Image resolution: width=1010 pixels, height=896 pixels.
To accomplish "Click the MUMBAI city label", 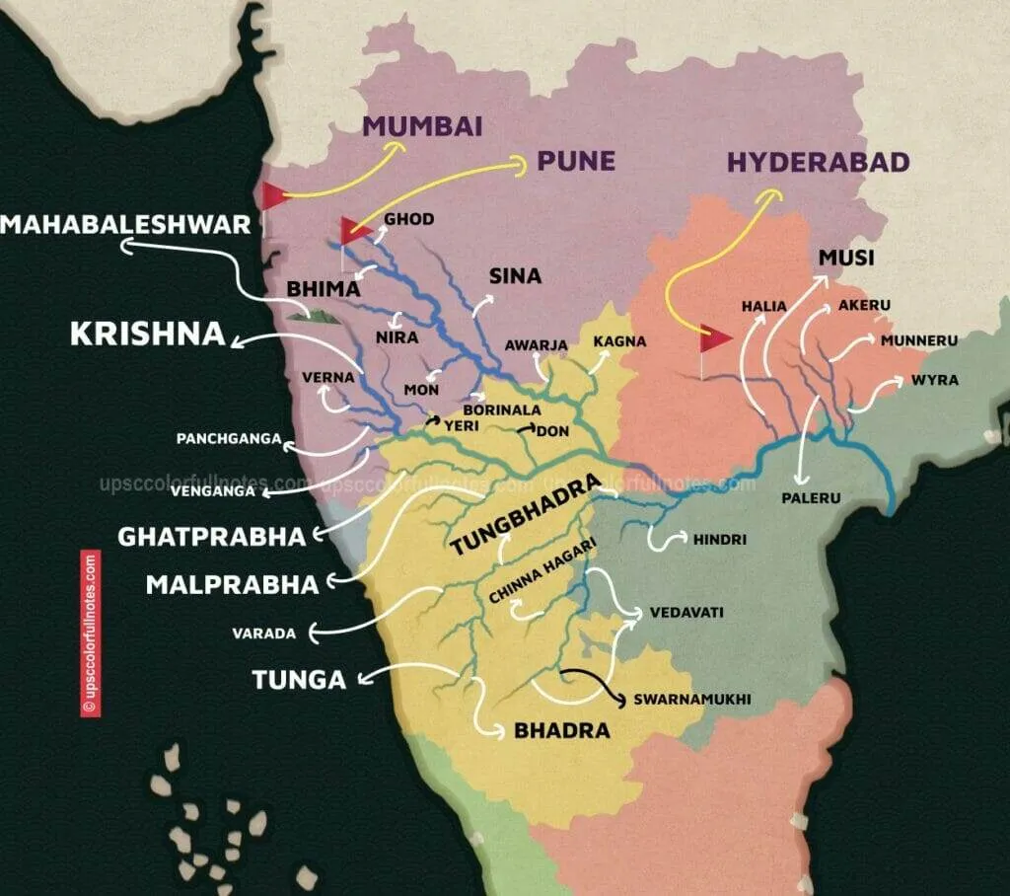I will (x=422, y=126).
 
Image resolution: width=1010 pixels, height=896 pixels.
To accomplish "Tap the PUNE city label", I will (x=576, y=161).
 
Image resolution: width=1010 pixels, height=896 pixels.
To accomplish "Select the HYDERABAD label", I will (x=818, y=162).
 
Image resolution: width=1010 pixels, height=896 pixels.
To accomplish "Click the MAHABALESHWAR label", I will (x=125, y=225).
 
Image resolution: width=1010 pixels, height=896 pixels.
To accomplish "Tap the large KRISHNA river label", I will (x=147, y=334).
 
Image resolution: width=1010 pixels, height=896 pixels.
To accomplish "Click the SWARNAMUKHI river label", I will (x=692, y=699).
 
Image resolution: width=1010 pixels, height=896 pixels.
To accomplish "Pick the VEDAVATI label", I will (x=686, y=613).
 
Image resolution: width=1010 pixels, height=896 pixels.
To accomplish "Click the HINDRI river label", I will (x=719, y=540).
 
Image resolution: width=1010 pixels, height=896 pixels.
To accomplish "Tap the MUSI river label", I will (x=847, y=259).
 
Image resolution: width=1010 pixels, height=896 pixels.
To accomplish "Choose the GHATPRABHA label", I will (x=212, y=537).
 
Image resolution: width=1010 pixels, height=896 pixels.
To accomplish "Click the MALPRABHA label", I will (x=232, y=584).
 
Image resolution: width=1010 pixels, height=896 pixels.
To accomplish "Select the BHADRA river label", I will (x=561, y=731).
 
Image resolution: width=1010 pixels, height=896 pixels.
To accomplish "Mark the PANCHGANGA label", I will (x=229, y=438).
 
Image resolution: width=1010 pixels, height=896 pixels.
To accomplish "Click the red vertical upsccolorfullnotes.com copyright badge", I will (x=91, y=633).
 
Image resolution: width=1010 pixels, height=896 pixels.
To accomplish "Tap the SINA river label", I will (x=516, y=275).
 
